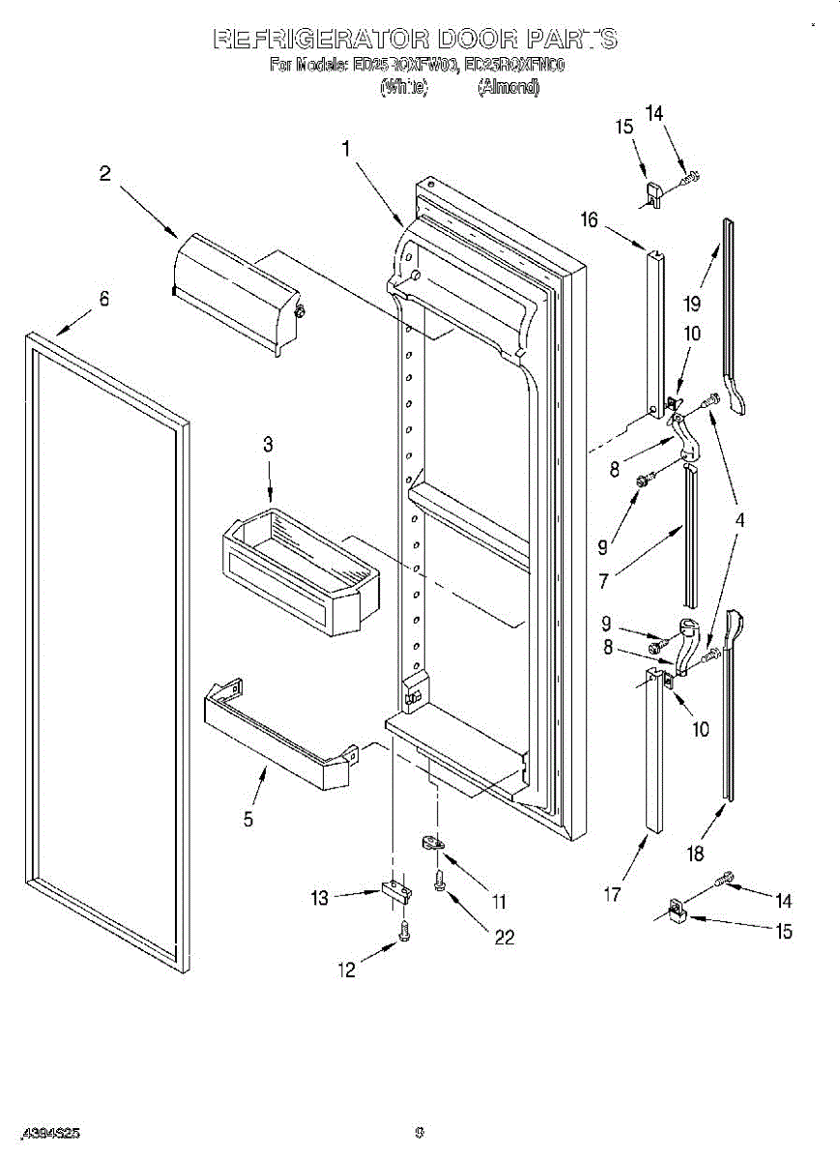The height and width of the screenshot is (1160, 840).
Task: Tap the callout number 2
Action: (x=104, y=174)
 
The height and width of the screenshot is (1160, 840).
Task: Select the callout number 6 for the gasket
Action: (x=104, y=299)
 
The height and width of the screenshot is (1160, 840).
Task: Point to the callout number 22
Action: (x=504, y=937)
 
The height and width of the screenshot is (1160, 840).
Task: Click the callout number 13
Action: (x=320, y=898)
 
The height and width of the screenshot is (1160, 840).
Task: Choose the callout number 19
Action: (x=691, y=304)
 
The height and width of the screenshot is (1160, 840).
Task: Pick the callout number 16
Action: (x=590, y=219)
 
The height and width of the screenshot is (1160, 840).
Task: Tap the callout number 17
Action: (x=611, y=895)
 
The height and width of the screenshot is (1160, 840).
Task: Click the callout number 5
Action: (x=248, y=819)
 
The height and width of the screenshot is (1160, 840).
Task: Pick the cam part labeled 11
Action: (x=432, y=845)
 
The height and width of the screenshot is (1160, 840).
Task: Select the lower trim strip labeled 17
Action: (x=653, y=754)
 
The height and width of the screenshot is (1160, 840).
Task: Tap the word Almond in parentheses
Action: (x=508, y=88)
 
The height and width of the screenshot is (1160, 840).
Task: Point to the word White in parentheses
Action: (x=403, y=88)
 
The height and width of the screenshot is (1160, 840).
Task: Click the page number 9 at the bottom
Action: (x=420, y=1133)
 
